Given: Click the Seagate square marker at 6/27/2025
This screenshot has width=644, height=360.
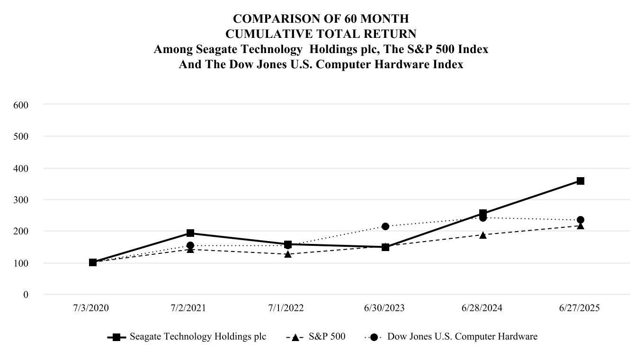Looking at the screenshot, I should coord(580,181).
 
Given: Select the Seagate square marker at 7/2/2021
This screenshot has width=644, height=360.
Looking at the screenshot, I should coord(190,233).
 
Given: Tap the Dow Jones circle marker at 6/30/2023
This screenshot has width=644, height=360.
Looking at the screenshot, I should coord(385,226).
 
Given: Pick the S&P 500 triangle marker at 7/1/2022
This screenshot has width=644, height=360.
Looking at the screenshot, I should coord(287,254).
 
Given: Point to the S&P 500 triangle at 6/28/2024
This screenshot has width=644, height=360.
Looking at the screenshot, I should coord(483,235).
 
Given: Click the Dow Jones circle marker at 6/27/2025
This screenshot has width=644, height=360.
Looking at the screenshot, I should coord(580,220).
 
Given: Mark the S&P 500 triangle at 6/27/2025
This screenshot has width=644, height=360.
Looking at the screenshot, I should coord(580,226).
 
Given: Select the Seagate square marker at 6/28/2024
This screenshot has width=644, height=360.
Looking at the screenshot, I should coord(483,213).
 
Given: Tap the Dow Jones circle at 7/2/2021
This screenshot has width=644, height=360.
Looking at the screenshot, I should coord(190,245).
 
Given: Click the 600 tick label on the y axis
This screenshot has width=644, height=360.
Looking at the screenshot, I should coord(21,104).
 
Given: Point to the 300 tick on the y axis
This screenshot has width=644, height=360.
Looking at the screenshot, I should coord(21,200).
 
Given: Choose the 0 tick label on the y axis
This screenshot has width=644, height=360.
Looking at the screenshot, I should coord(26,295).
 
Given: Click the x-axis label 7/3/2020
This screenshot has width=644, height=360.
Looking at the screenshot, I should coord(91,308).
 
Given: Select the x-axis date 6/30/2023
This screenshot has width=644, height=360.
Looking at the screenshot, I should coord(385,308).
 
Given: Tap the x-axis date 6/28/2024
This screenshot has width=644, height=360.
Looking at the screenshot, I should coord(483,308).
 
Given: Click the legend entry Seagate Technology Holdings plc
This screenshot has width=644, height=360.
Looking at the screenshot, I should coord(197,337).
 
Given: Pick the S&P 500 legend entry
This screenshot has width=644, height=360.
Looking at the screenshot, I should coord(327,337).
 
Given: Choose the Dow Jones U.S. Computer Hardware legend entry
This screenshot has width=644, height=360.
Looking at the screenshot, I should coord(462,337).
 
